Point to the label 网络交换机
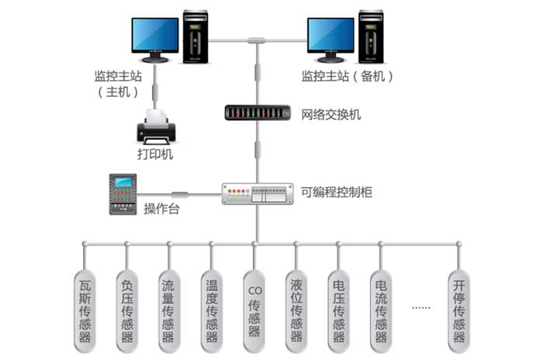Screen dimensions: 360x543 pos(331,115)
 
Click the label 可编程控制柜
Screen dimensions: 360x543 pos(337,191)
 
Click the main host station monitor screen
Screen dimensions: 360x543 pos(154,35)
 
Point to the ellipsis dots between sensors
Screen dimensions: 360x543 pos(420,307)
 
